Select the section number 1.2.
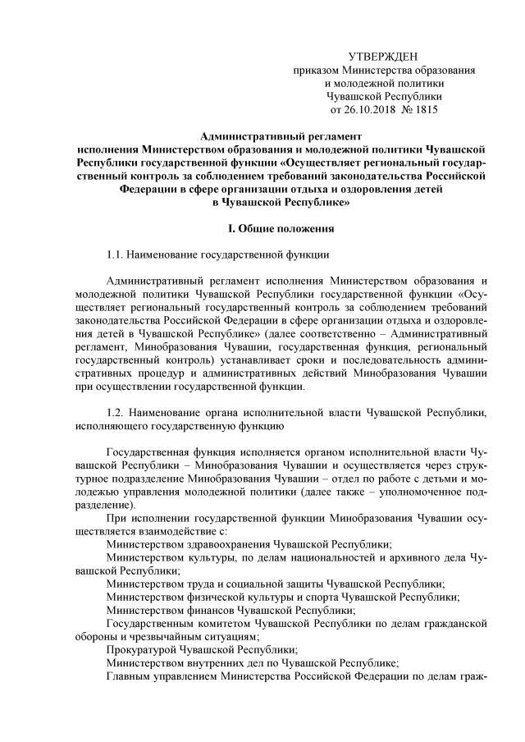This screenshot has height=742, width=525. (x=119, y=412)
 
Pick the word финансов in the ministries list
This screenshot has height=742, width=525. (x=205, y=610)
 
